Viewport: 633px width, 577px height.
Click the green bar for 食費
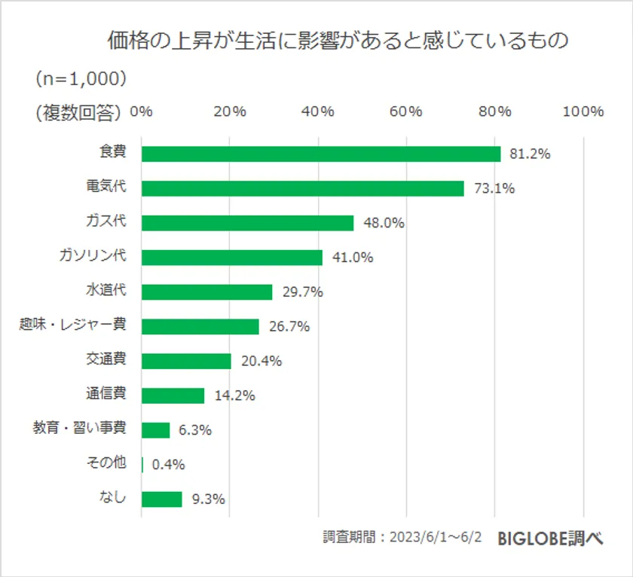tap(320, 154)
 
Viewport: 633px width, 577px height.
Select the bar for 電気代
tap(302, 188)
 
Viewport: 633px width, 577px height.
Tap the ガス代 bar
tap(247, 223)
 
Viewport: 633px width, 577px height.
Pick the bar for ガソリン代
tap(231, 258)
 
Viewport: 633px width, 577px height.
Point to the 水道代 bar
tap(206, 292)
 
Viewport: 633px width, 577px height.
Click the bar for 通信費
tap(173, 395)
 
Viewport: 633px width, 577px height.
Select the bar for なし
tap(161, 499)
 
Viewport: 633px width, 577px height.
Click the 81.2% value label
tap(530, 154)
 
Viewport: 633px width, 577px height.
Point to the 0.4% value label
tap(168, 465)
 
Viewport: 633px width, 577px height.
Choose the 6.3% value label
tap(195, 430)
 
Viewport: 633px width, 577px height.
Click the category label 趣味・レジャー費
tap(72, 325)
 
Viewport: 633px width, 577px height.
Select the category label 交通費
tap(105, 359)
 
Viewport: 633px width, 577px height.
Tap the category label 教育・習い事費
tap(79, 428)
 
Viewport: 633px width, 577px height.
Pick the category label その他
tap(105, 462)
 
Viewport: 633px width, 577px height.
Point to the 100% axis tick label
tap(583, 111)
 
